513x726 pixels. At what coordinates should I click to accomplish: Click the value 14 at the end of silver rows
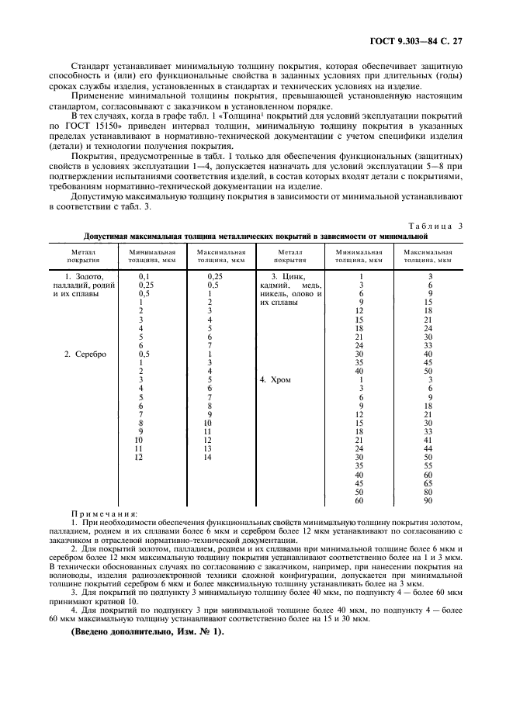pyautogui.click(x=208, y=458)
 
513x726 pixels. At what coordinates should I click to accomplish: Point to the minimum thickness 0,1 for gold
pyautogui.click(x=144, y=276)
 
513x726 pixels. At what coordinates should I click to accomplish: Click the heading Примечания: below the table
pyautogui.click(x=105, y=513)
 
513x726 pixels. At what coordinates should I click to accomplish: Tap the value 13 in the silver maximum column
pyautogui.click(x=208, y=449)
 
